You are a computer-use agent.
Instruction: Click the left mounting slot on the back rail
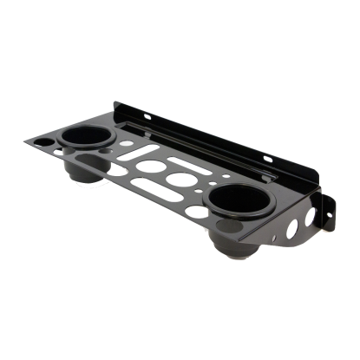coord(148,115)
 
